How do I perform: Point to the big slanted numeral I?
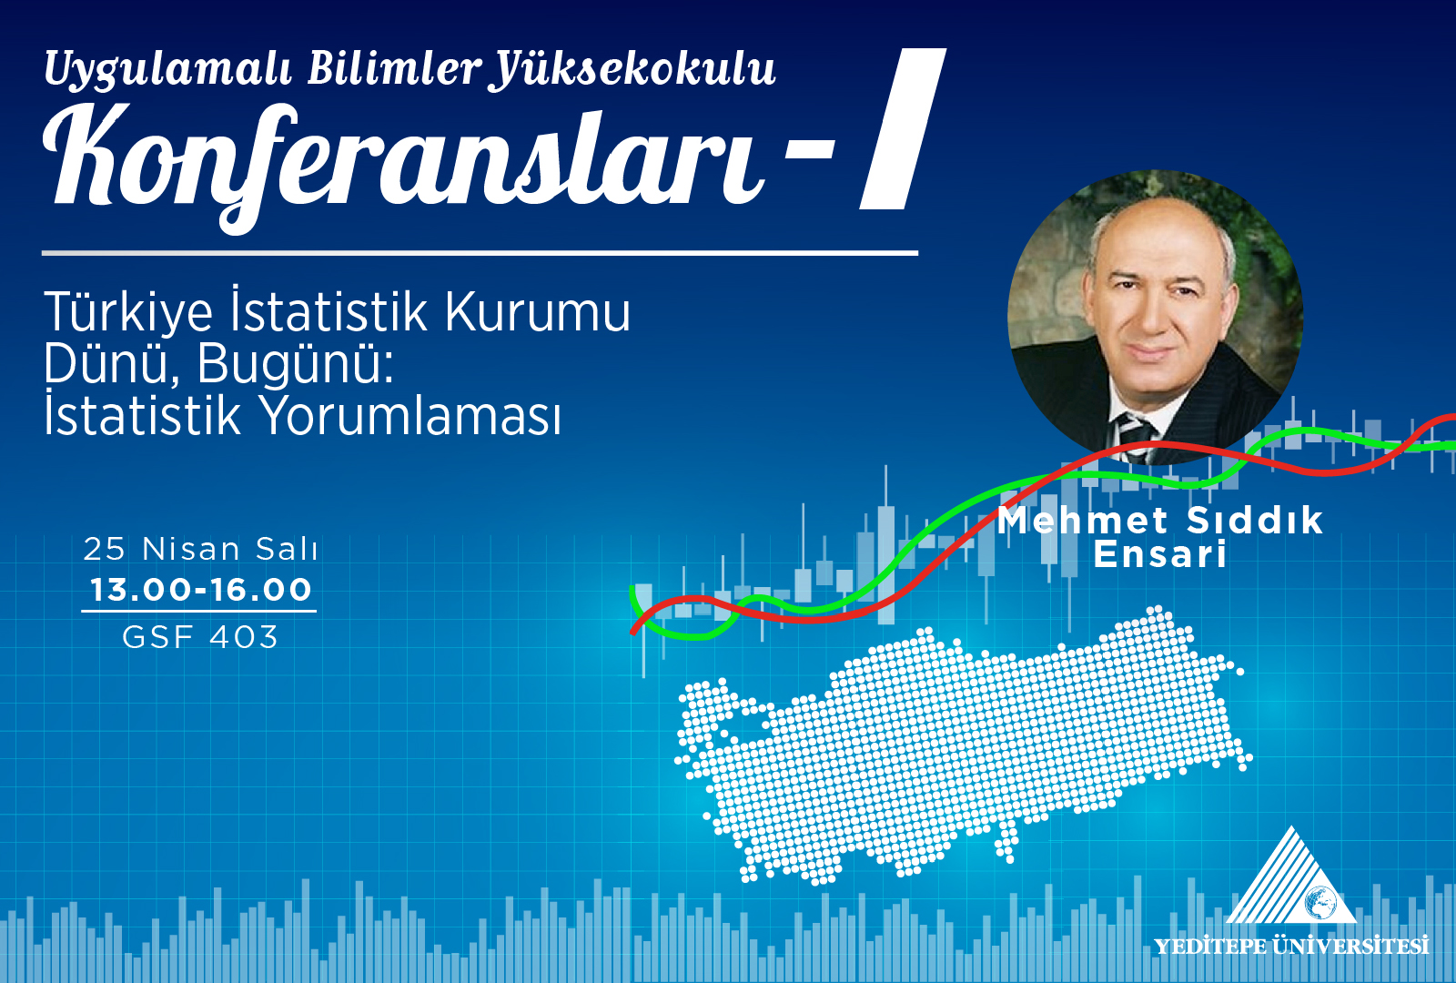(x=902, y=128)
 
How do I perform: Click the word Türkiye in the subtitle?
(x=128, y=313)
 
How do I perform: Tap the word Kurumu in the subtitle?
(x=538, y=313)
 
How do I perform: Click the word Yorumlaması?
(x=410, y=416)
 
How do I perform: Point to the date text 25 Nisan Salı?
(x=200, y=549)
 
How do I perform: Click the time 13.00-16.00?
(x=200, y=590)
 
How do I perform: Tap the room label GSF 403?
(x=200, y=636)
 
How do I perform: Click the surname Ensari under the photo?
(x=1160, y=553)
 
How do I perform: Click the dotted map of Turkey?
(x=962, y=747)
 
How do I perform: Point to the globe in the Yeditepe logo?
(x=1321, y=902)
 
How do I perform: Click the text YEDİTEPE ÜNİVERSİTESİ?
(x=1291, y=946)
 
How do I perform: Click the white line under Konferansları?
(x=480, y=253)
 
